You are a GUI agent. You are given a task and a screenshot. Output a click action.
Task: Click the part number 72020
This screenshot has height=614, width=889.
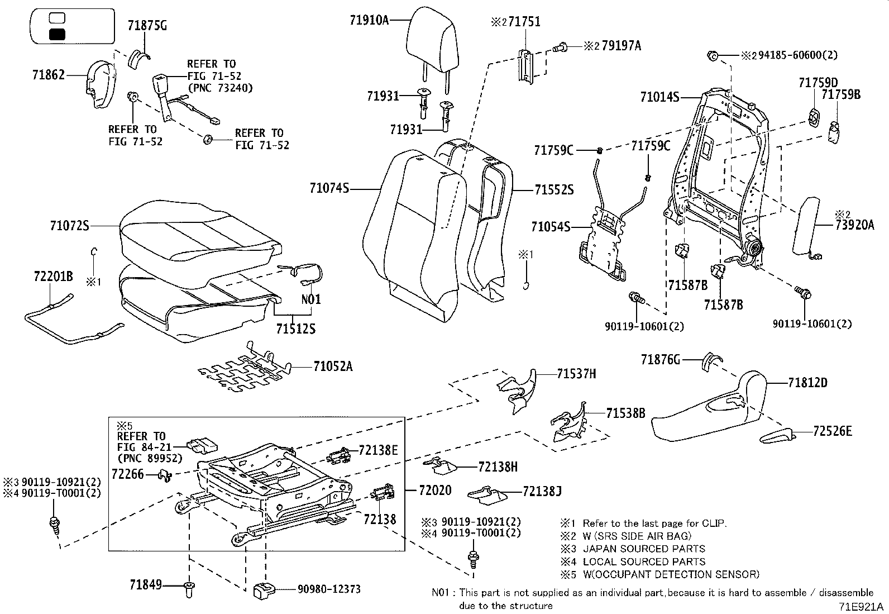435,491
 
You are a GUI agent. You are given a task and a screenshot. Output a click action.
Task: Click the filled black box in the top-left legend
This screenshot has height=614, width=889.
57,34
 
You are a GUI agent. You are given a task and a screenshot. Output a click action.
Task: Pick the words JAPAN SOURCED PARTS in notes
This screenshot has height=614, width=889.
644,549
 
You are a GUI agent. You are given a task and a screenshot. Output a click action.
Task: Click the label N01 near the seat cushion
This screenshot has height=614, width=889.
311,299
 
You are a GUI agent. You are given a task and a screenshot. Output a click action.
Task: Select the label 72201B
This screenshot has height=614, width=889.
53,275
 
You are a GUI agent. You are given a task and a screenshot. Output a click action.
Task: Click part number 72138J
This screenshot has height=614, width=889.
542,491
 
